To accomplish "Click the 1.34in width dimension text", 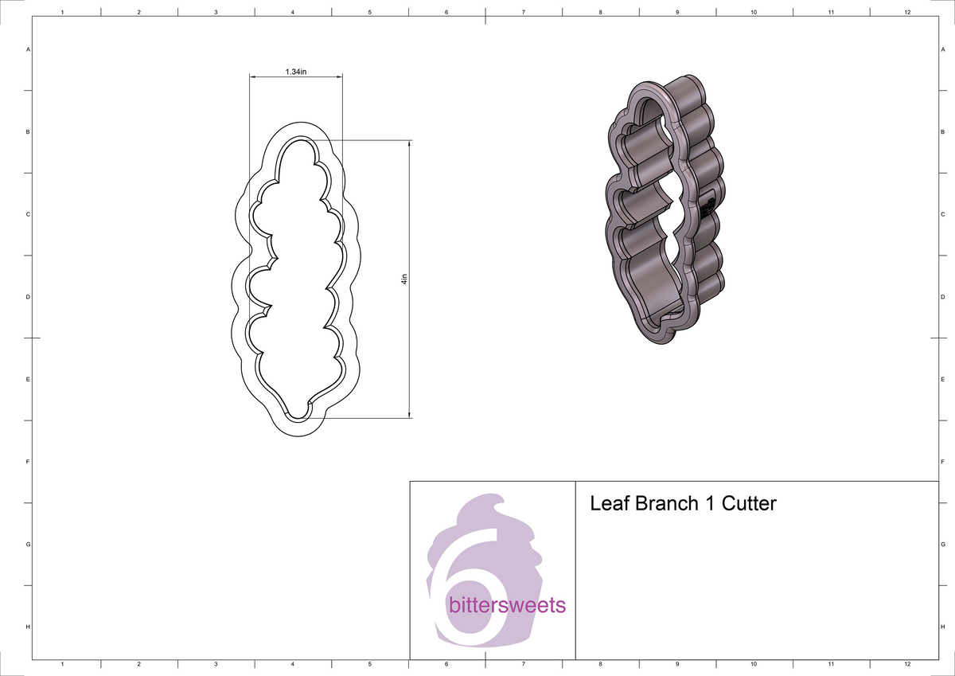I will click(295, 72).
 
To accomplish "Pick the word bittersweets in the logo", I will click(507, 605).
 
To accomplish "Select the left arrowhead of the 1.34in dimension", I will click(254, 77).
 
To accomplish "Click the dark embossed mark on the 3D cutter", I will click(705, 208).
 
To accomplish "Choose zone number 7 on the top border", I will click(523, 13).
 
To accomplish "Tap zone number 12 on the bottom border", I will click(907, 663).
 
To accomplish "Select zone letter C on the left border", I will click(29, 214).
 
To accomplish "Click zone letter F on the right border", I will click(942, 462).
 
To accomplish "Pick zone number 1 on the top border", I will click(62, 13).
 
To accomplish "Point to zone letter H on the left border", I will click(29, 627).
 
